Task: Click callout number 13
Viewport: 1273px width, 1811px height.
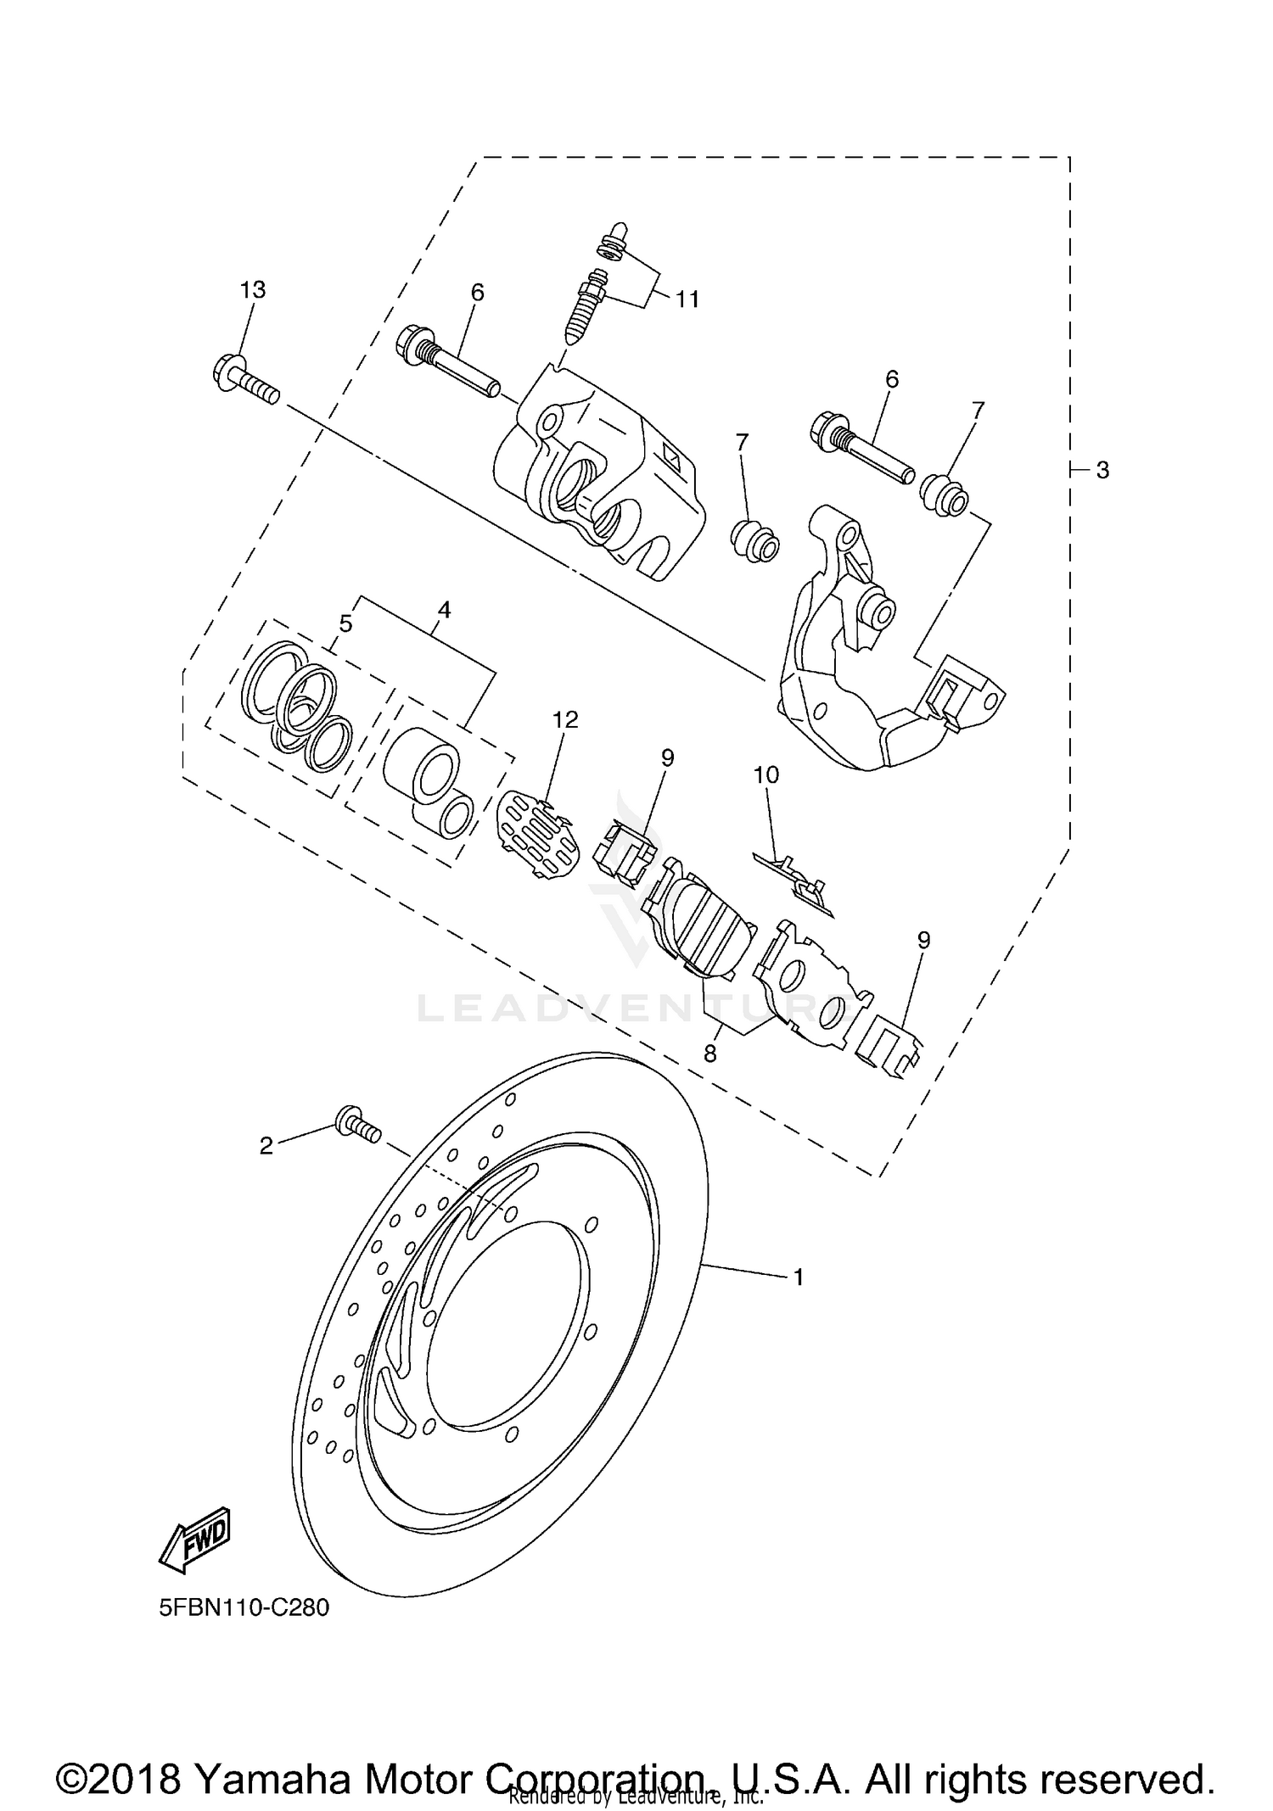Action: (252, 289)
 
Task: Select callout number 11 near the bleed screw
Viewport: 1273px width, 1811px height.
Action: (687, 299)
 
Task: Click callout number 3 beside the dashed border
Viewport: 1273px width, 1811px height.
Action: (1102, 470)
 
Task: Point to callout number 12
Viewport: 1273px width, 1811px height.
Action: (565, 720)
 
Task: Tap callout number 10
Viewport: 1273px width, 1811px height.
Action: (765, 774)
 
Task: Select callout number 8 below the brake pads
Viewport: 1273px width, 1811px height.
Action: (709, 1054)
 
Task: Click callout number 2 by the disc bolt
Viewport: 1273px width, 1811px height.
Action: (266, 1145)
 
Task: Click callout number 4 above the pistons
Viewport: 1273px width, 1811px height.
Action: (444, 609)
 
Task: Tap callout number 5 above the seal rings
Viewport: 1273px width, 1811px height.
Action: (345, 623)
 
